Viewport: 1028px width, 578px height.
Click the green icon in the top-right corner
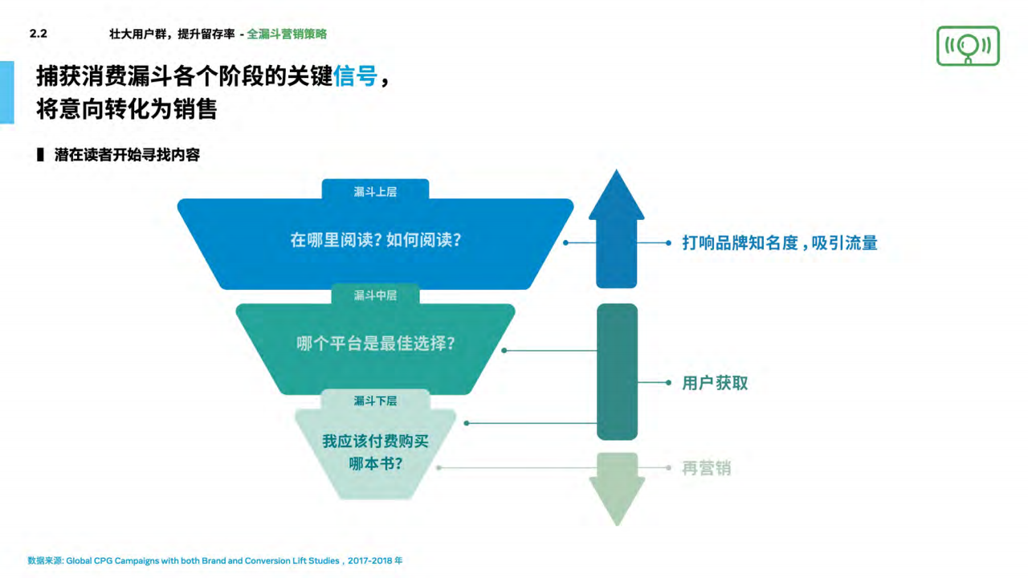[968, 46]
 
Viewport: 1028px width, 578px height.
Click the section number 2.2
[38, 34]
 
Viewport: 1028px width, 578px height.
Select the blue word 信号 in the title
[355, 77]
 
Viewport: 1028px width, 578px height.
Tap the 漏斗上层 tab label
[375, 192]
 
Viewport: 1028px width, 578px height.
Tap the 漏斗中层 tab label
[375, 295]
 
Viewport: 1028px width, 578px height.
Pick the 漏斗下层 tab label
[375, 401]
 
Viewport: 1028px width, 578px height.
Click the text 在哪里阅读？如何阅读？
[375, 240]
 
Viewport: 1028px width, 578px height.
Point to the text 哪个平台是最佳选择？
[375, 344]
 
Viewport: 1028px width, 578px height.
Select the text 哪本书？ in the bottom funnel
[375, 464]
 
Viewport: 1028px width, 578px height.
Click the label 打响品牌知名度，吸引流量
[779, 242]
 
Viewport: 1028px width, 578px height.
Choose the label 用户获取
[715, 383]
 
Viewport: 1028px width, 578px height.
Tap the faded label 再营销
[707, 468]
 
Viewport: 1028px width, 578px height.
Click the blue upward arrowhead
[616, 197]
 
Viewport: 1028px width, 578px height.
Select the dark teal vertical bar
[617, 372]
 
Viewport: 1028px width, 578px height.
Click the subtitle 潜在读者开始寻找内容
[127, 155]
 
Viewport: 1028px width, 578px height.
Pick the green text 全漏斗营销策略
[287, 34]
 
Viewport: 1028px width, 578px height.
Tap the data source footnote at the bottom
[214, 560]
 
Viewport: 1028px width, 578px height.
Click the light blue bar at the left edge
[6, 92]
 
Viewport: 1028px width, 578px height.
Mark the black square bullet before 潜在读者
[40, 155]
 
